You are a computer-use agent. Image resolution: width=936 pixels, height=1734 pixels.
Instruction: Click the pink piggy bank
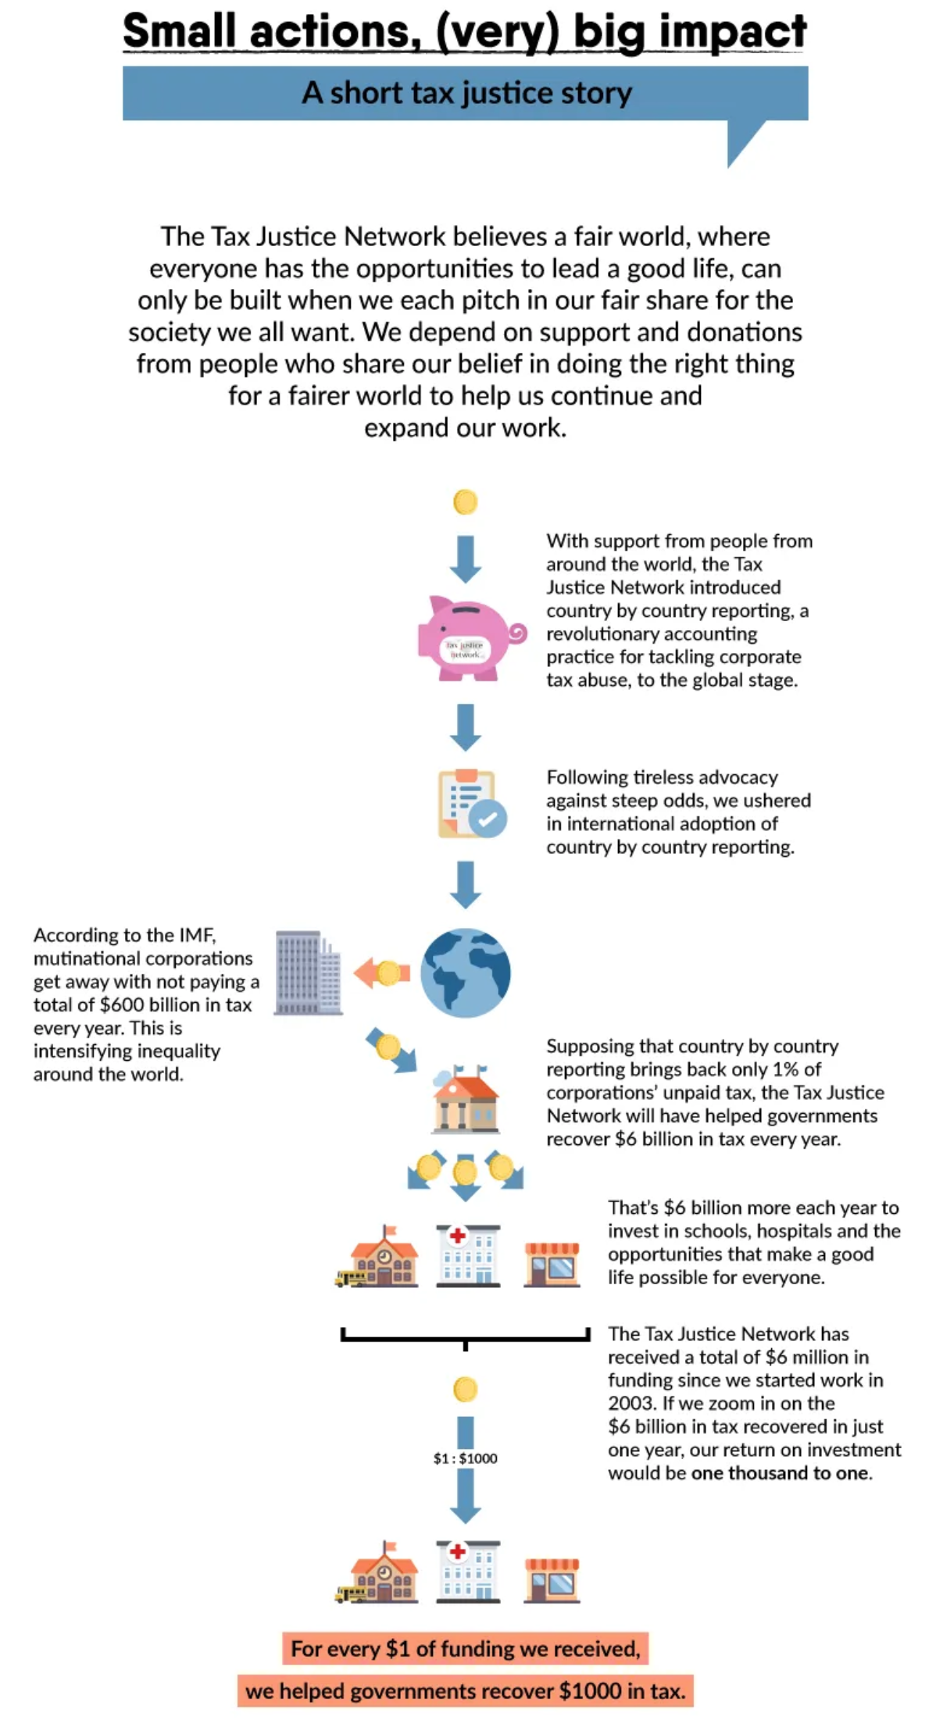point(468,638)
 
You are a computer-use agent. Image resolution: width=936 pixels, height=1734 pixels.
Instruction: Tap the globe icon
point(465,972)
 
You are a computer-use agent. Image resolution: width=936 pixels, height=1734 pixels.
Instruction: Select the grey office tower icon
point(308,973)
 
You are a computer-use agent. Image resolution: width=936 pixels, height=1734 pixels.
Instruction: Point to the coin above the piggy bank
point(465,501)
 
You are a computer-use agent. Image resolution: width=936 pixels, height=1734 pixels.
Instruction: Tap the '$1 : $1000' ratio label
point(465,1458)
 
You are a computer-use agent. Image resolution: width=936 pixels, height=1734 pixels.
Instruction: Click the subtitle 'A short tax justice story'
point(466,93)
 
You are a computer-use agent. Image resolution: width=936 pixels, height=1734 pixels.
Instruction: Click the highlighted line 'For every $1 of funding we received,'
point(466,1649)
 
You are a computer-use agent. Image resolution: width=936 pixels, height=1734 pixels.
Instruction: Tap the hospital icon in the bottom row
point(467,1571)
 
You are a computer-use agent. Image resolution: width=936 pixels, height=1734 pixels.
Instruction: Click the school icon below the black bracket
point(380,1571)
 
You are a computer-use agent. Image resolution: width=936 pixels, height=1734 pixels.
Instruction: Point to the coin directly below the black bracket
point(465,1390)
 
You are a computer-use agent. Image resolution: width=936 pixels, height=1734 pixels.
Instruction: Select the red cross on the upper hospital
point(458,1236)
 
